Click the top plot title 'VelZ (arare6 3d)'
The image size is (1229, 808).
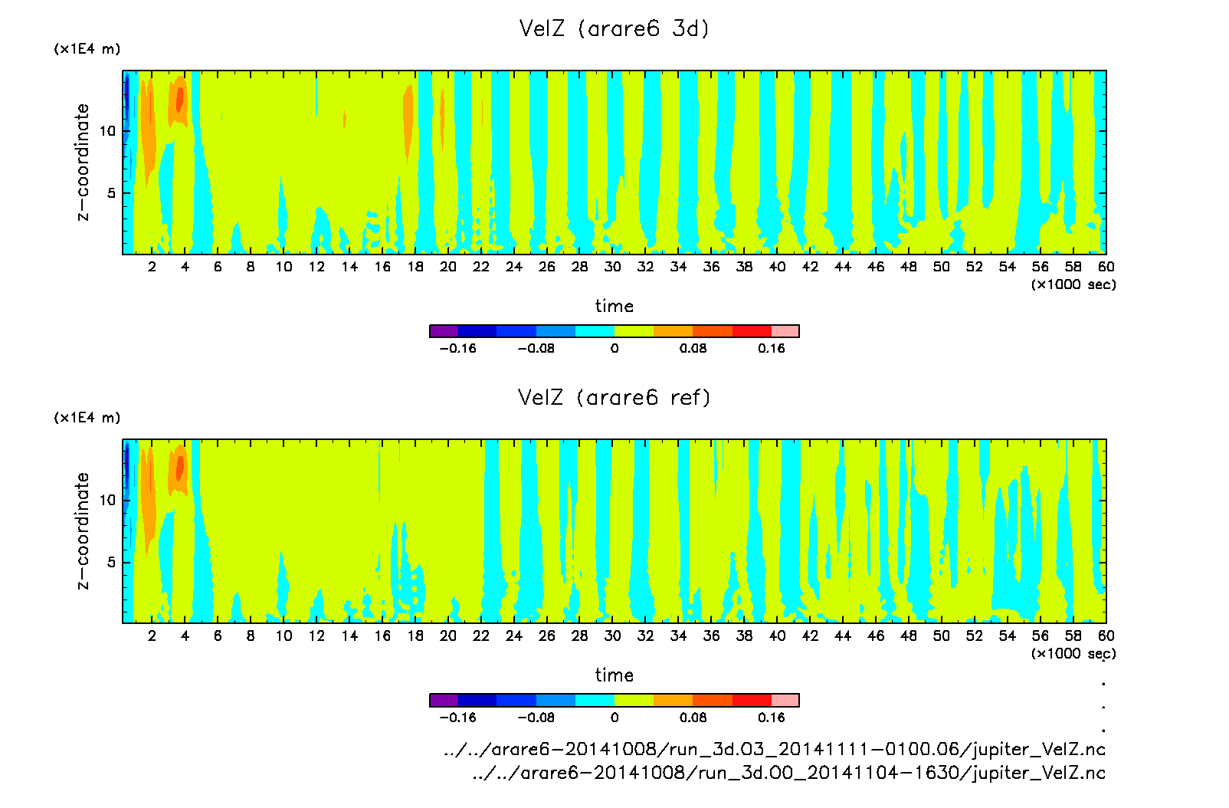614,29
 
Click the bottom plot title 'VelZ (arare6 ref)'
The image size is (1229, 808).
614,398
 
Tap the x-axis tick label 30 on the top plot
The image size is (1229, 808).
612,267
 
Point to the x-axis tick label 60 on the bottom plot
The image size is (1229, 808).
1106,636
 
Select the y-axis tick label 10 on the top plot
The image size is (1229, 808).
107,131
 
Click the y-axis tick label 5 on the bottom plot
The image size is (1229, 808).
112,563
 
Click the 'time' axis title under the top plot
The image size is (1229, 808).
614,306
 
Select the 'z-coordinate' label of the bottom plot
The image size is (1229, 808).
83,530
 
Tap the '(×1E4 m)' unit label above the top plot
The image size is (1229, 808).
87,49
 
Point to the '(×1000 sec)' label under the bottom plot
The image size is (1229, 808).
1073,654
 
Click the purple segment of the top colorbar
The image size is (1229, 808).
444,331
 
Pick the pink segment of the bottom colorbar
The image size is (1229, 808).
785,700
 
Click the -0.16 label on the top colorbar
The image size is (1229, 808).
457,349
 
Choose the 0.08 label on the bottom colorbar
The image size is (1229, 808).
693,718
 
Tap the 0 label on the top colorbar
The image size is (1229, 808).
614,349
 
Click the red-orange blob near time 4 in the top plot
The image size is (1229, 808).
180,100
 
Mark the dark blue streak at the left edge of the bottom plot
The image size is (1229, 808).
126,464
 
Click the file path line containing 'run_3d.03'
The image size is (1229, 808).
774,750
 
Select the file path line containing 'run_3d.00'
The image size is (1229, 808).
788,773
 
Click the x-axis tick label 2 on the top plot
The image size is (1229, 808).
152,267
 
